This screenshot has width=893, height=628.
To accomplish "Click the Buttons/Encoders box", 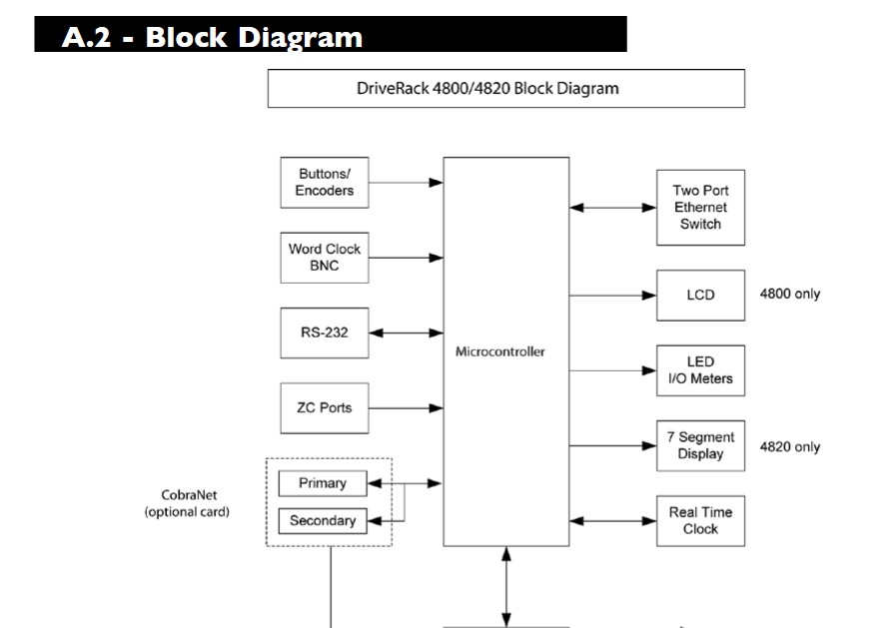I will pos(325,182).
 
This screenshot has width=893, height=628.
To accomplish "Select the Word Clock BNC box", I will pos(325,258).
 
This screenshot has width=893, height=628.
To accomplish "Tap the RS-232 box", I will pos(325,332).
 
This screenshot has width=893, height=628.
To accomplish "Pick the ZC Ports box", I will pos(325,407).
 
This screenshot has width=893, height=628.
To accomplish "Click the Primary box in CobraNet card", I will pos(323,483).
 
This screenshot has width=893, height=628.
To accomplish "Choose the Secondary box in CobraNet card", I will pos(323,520).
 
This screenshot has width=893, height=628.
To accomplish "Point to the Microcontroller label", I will pos(500,352).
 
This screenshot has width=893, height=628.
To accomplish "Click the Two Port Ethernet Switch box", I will pos(700,208).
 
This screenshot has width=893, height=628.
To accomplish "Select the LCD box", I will pos(700,295).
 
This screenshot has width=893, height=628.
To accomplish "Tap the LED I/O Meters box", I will pos(700,370).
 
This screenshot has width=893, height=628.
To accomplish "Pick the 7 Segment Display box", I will pos(700,445).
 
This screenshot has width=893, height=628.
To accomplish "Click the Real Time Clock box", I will pos(700,520).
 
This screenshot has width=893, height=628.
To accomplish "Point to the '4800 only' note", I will pos(790,295).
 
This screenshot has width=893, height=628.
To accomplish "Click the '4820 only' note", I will pos(790,446).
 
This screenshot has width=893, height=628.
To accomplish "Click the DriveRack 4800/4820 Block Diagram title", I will pos(505,88).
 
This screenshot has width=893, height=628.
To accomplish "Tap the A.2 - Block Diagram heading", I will pos(212,38).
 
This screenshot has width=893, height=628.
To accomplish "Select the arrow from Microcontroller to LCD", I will pos(612,295).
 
